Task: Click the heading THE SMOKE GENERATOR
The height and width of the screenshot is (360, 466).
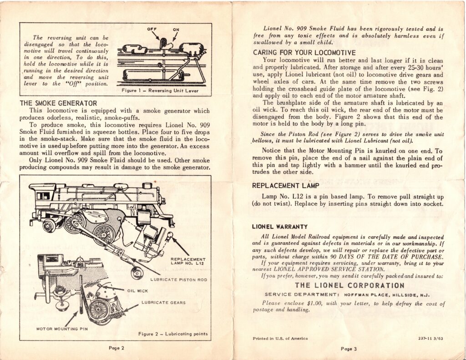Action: point(58,103)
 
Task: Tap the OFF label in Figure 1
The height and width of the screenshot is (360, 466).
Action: point(152,29)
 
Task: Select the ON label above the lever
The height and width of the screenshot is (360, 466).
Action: point(176,30)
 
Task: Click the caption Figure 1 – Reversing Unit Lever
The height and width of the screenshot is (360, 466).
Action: point(160,91)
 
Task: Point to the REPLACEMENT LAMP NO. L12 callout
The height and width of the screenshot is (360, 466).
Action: point(188,261)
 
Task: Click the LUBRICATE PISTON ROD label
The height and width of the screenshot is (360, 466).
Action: point(178,280)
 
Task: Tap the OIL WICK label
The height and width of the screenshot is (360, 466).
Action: point(137,291)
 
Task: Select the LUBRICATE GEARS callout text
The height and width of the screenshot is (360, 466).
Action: point(163,303)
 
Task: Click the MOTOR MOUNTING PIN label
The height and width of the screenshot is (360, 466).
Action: point(62,329)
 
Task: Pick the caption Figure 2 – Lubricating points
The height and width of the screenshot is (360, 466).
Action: point(173,334)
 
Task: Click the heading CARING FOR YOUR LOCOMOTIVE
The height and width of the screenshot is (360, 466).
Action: point(304,53)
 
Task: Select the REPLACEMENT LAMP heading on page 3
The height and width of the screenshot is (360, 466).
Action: point(286,186)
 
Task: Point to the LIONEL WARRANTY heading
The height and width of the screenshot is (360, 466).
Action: point(280,227)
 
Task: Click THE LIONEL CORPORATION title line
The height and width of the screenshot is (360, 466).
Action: point(349,285)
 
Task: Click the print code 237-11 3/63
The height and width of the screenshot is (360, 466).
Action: point(431,338)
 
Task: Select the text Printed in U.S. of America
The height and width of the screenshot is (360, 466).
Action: point(280,338)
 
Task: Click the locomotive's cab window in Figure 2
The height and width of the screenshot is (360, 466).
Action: point(43,196)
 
